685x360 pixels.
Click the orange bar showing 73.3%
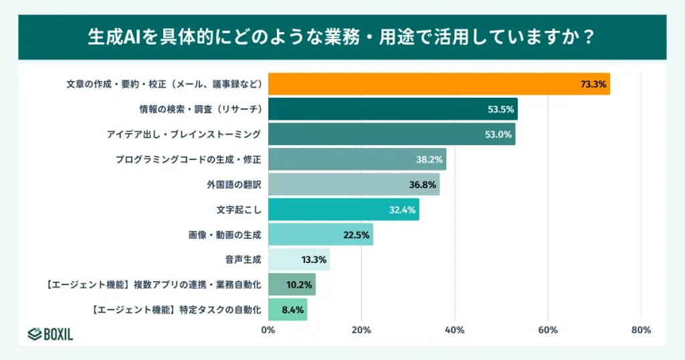tap(439, 84)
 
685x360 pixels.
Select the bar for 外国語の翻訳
tap(354, 184)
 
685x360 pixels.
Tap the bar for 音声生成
tap(299, 260)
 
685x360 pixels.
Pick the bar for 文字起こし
tap(343, 209)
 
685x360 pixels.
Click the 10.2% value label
tap(298, 285)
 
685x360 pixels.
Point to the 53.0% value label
tap(498, 134)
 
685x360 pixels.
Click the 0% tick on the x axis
tap(268, 330)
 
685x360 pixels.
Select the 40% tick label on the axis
tap(454, 330)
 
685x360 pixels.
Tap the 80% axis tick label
tap(641, 330)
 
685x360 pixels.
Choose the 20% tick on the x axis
tap(361, 330)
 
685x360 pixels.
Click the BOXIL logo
tap(50, 335)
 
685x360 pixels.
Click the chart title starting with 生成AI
tap(342, 36)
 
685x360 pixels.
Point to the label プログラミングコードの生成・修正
tap(187, 159)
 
